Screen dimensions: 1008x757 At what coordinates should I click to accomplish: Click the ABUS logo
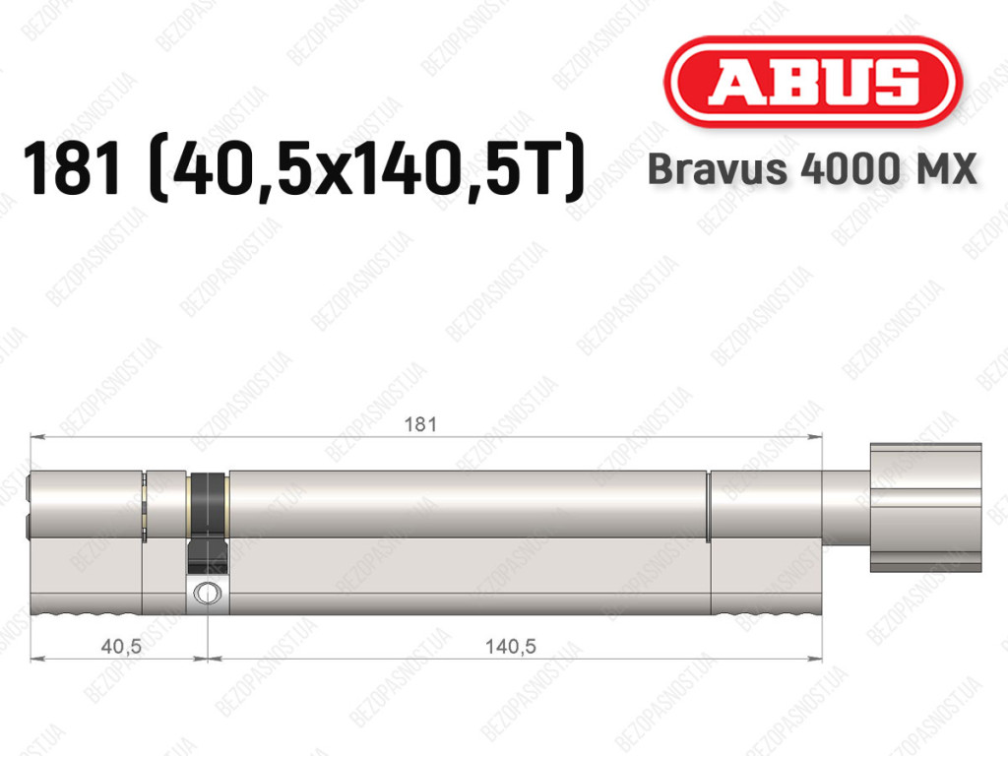(x=812, y=82)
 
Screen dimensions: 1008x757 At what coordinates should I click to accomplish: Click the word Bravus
(x=717, y=168)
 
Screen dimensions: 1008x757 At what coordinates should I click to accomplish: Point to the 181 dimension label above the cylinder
(x=419, y=424)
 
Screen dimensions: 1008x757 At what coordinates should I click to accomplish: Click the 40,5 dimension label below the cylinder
(x=121, y=646)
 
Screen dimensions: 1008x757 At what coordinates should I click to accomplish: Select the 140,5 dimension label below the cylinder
(x=511, y=646)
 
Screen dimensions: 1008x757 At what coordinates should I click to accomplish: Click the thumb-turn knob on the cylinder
(x=925, y=507)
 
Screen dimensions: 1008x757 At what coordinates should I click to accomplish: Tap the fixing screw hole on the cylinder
(x=208, y=592)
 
